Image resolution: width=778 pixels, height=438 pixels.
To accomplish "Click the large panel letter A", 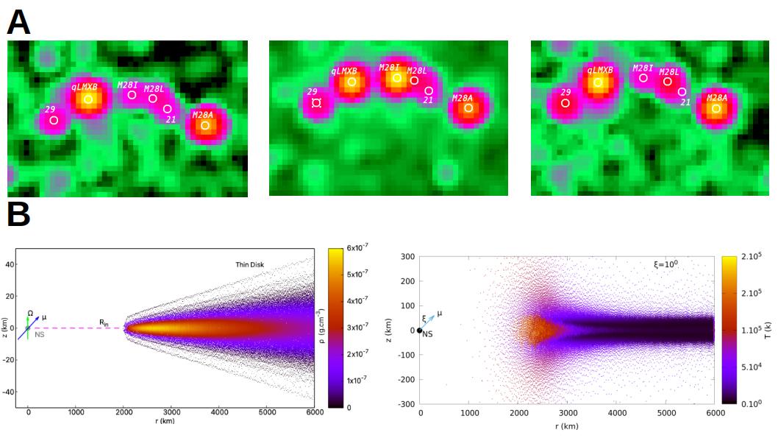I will tap(18, 22).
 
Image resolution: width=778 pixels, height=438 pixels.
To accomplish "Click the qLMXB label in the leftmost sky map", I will tap(85, 87).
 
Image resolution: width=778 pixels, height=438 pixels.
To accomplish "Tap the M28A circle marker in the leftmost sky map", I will tap(205, 126).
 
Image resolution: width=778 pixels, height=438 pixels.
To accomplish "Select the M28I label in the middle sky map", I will tap(389, 67).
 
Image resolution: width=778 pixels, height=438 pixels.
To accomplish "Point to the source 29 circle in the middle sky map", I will tap(316, 103).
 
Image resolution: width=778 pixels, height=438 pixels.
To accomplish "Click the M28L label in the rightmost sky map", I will tap(668, 71).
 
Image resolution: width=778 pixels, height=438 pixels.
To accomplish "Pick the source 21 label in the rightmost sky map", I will tap(685, 102).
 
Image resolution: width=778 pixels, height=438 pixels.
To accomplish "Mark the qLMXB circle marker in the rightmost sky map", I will tap(598, 82).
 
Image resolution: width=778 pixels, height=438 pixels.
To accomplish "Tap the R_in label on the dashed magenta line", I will tap(105, 322).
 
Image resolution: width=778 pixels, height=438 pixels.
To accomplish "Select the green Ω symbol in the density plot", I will tap(30, 313).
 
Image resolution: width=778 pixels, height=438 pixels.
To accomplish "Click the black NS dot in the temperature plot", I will tap(420, 331).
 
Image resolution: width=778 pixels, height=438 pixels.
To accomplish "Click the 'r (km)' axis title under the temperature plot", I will tap(566, 426).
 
